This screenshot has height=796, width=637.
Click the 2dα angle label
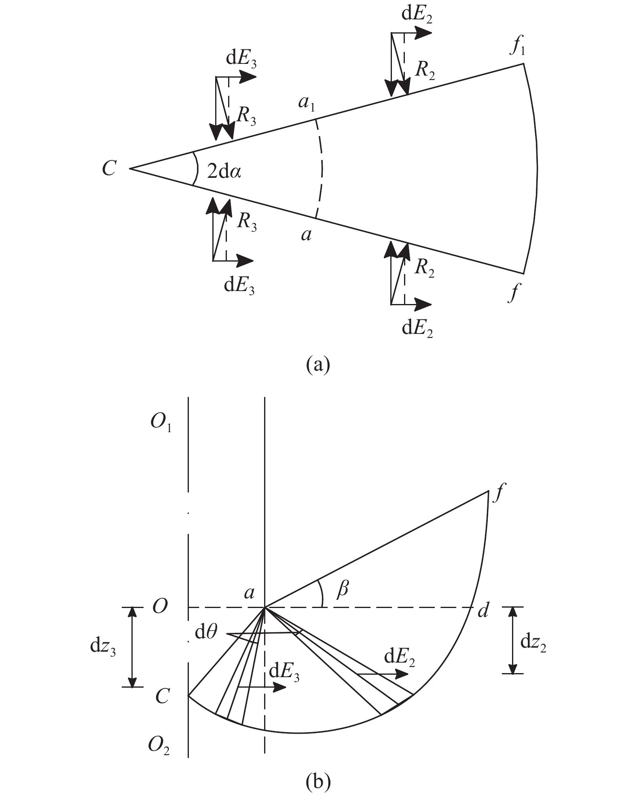224,172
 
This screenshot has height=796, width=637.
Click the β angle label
342,590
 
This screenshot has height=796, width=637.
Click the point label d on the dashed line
483,610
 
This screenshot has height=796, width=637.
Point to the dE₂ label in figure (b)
400,658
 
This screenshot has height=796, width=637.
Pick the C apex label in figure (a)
109,168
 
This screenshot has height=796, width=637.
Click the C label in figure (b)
162,695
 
